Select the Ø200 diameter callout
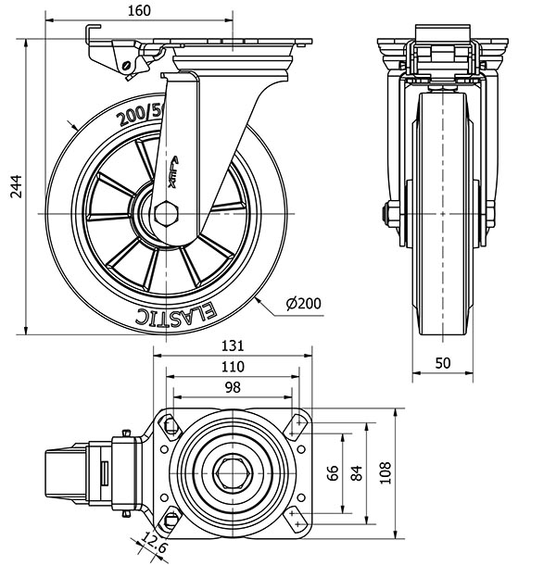(x=304, y=303)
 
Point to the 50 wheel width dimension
(x=443, y=363)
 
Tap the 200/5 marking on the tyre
(x=139, y=115)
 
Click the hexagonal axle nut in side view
(x=167, y=215)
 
